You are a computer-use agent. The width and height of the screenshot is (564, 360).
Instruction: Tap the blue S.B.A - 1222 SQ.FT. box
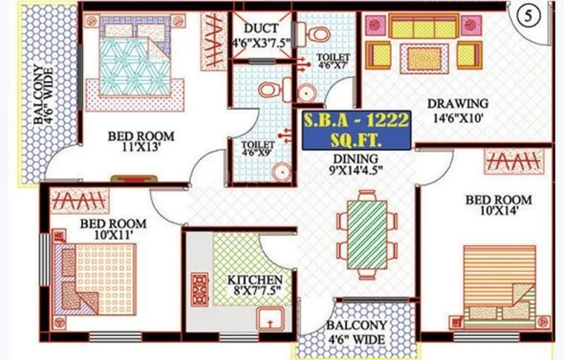[356, 130]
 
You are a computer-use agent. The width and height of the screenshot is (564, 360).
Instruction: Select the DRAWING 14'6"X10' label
[458, 111]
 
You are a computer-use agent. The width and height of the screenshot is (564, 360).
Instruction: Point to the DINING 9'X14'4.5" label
[356, 164]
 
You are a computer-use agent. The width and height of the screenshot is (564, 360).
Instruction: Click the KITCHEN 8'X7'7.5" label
[255, 285]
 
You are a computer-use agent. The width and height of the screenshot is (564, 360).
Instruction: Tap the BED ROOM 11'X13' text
[141, 141]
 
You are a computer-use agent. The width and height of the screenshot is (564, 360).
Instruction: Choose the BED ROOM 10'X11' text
[112, 230]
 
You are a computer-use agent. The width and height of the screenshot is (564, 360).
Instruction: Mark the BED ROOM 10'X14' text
[498, 206]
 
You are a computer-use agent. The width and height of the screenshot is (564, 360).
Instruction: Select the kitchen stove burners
[200, 288]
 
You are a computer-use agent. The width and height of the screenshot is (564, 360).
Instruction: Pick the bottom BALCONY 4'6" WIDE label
[355, 332]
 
